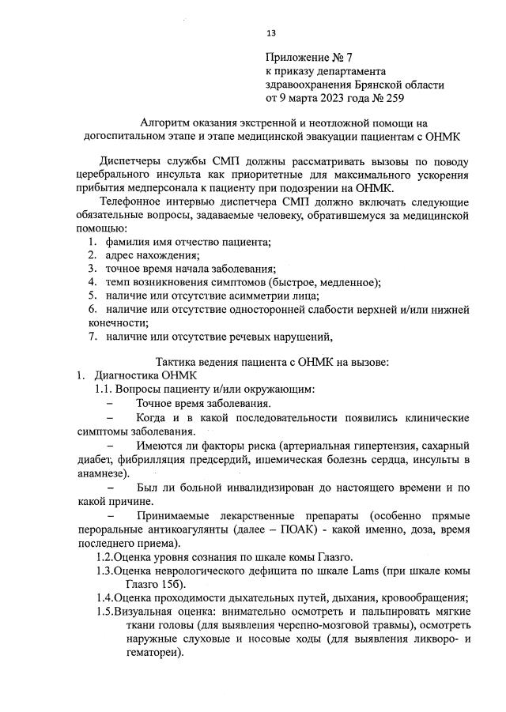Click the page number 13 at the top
pyautogui.click(x=270, y=33)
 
